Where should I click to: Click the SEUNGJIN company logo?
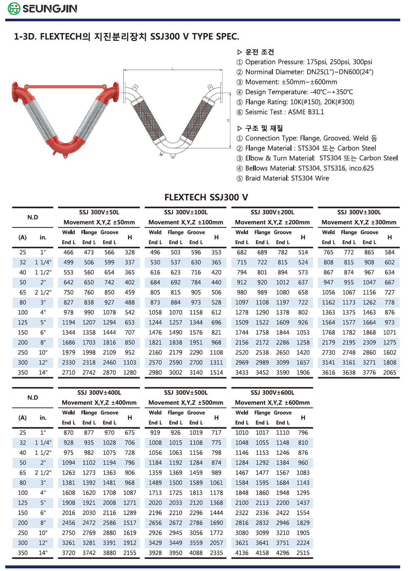pyautogui.click(x=43, y=9)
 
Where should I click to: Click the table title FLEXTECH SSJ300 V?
pyautogui.click(x=206, y=197)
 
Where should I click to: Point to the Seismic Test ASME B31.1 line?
pyautogui.click(x=284, y=112)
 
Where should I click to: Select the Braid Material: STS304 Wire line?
pyautogui.click(x=287, y=178)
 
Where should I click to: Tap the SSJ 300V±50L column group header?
pyautogui.click(x=99, y=212)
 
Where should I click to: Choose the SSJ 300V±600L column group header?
pyautogui.click(x=272, y=393)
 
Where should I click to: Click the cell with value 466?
pyautogui.click(x=68, y=252)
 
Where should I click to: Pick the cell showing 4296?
pyautogui.click(x=283, y=553)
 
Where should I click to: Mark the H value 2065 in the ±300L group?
pyautogui.click(x=389, y=373)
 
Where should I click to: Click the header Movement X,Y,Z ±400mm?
pyautogui.click(x=99, y=403)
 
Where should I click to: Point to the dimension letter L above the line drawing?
pyautogui.click(x=173, y=68)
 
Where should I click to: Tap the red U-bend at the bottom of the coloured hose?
pyautogui.click(x=65, y=146)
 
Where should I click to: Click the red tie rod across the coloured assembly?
pyautogui.click(x=65, y=87)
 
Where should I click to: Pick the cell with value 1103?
pyautogui.click(x=130, y=363)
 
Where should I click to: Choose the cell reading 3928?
pyautogui.click(x=155, y=553)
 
